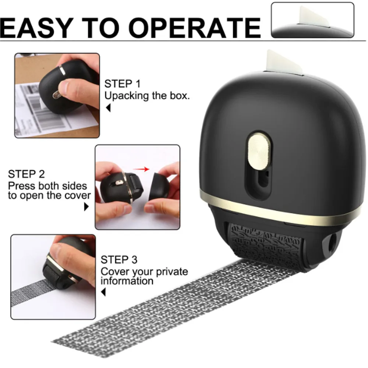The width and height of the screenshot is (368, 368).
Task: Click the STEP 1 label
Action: (x=123, y=84)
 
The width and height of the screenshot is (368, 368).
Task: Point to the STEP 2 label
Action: (x=26, y=174)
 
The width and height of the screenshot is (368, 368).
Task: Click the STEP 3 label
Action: (x=119, y=260)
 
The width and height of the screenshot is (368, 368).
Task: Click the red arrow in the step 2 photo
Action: (x=140, y=170)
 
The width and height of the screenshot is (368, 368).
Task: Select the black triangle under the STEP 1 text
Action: (x=108, y=109)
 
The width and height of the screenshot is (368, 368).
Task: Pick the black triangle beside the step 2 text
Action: (x=87, y=207)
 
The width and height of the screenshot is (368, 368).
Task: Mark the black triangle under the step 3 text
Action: (x=104, y=293)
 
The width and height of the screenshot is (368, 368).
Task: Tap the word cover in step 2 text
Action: (x=78, y=195)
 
